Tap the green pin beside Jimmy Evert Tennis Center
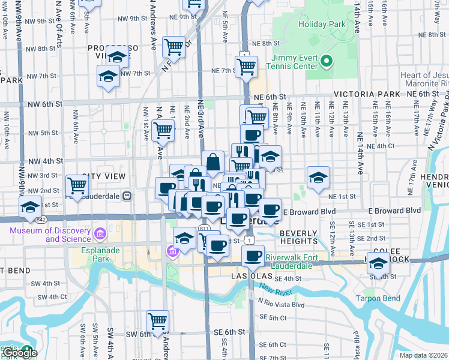[x=327, y=61]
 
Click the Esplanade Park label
[x=95, y=254]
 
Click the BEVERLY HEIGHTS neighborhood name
[x=298, y=236]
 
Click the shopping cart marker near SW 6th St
[x=157, y=321]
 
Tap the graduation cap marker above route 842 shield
[x=29, y=206]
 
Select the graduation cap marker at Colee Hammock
[x=378, y=263]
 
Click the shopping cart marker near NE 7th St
[x=246, y=67]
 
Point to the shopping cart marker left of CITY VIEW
[x=77, y=186]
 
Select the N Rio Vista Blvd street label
[x=282, y=305]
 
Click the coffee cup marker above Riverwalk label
[x=253, y=256]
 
